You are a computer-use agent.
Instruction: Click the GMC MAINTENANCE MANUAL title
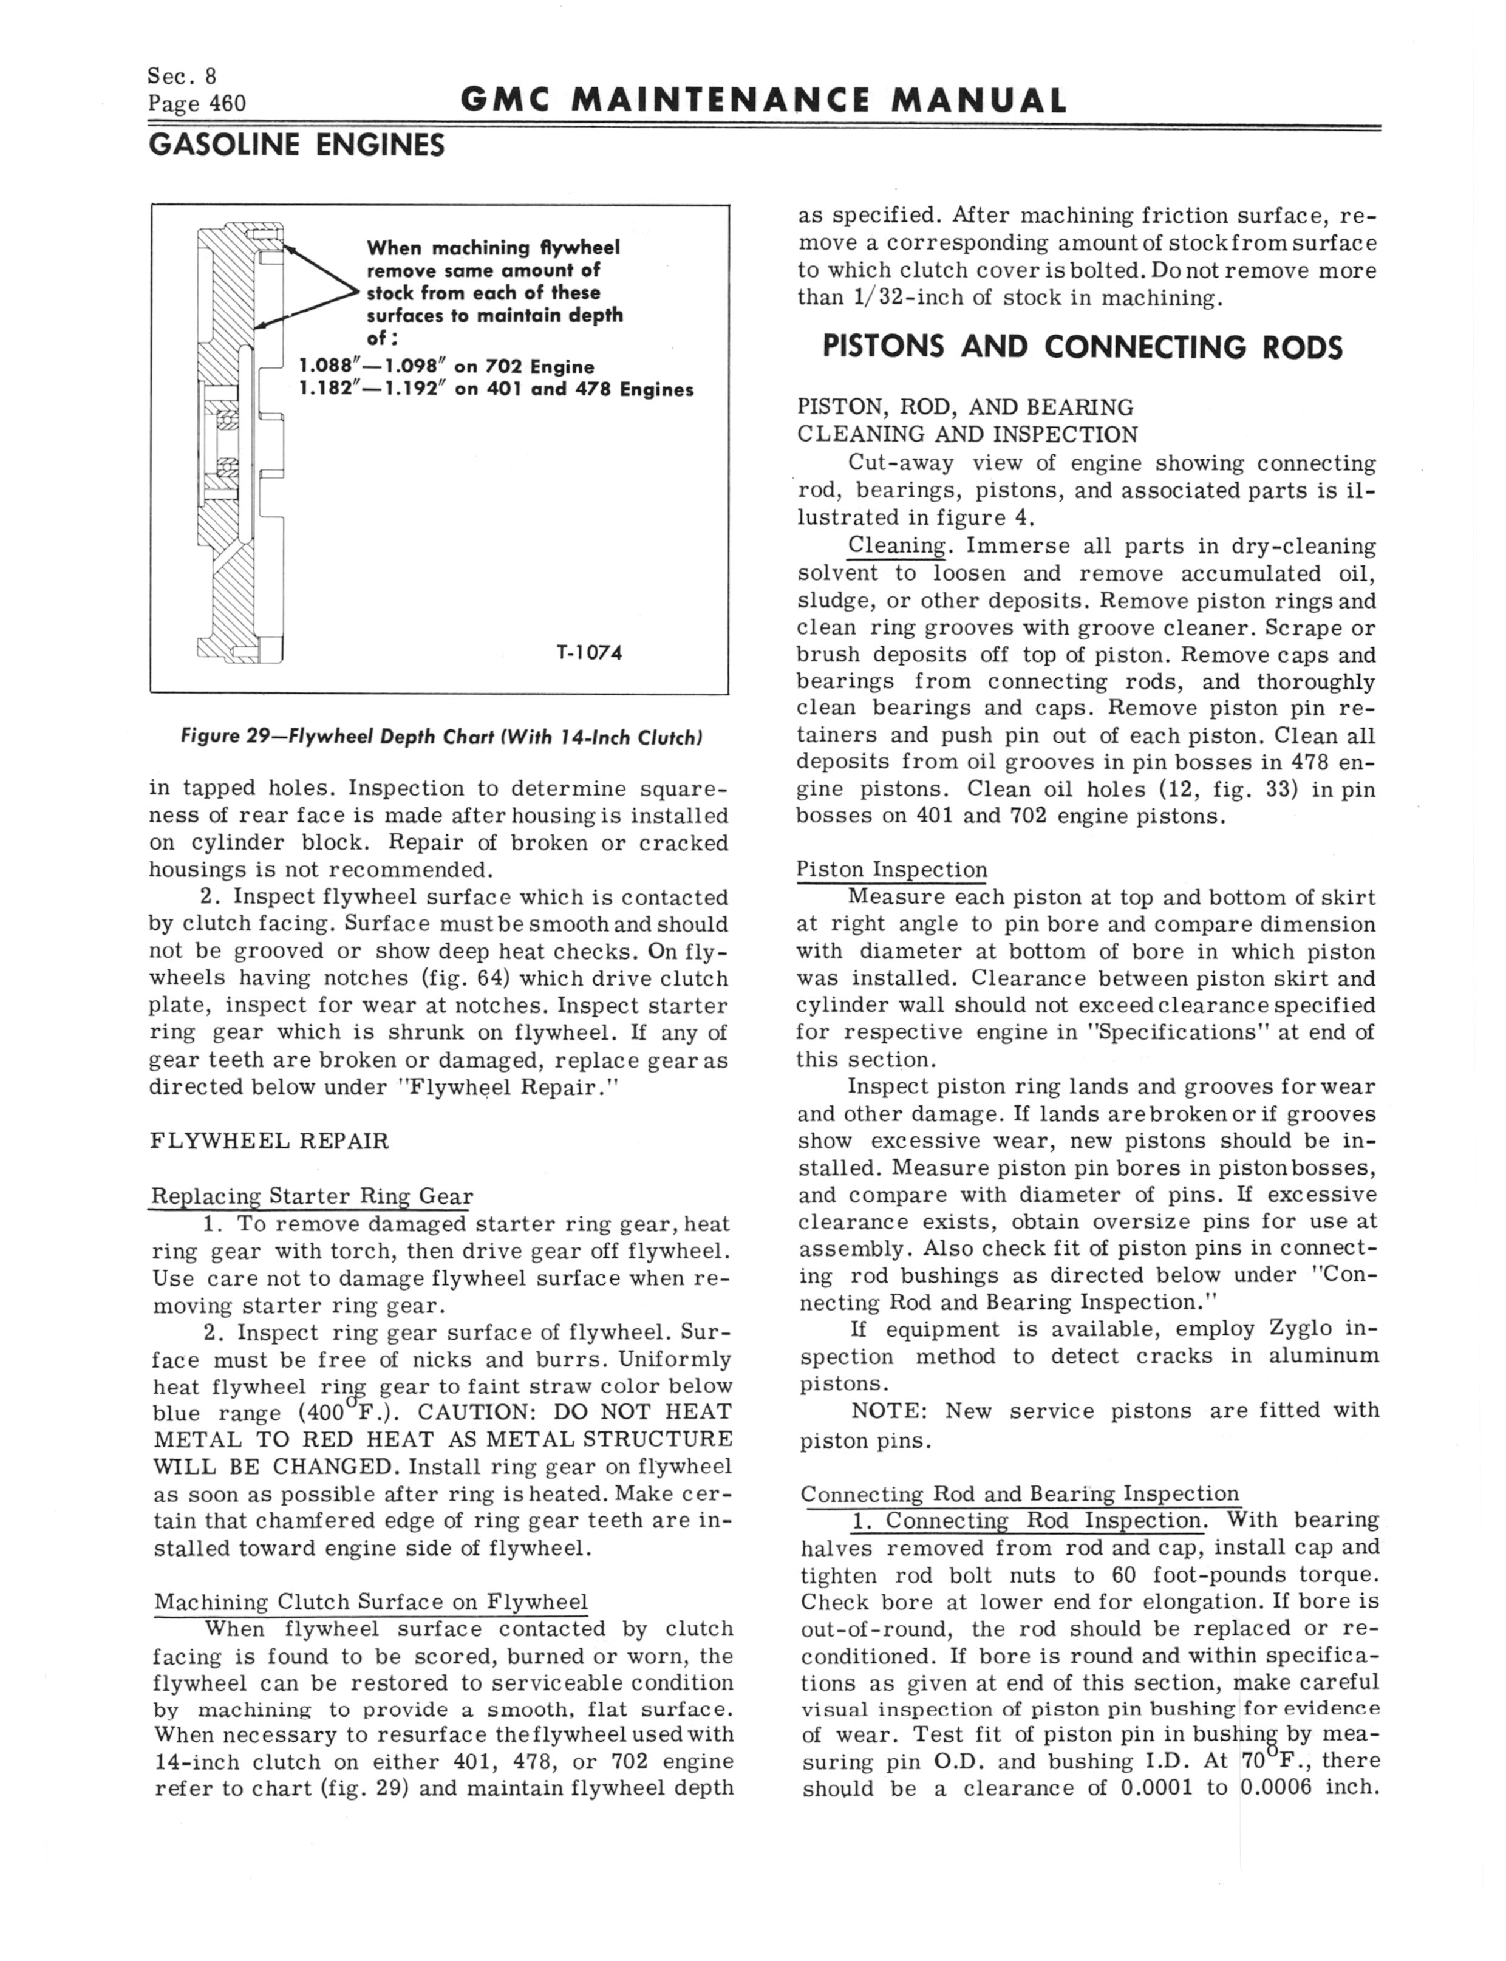(764, 100)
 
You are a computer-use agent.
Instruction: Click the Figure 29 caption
(441, 738)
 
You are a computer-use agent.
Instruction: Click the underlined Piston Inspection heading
(892, 870)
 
